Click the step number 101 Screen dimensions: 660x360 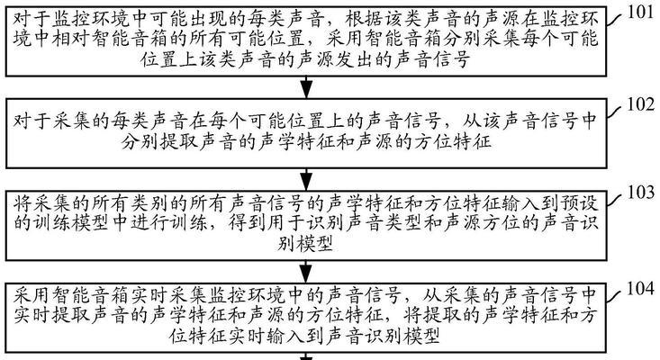pyautogui.click(x=640, y=13)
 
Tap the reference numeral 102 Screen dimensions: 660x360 pyautogui.click(x=640, y=104)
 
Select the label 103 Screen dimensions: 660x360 pyautogui.click(x=640, y=193)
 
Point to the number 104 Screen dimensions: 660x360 pyautogui.click(x=640, y=289)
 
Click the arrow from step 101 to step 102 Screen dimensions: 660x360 pyautogui.click(x=306, y=87)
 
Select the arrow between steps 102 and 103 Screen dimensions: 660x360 pyautogui.click(x=306, y=180)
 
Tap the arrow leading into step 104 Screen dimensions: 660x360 pyautogui.click(x=306, y=272)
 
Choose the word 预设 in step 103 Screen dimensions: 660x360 pyautogui.click(x=580, y=203)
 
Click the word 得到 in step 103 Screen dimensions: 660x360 pyautogui.click(x=247, y=223)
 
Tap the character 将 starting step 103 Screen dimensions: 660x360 pyautogui.click(x=22, y=203)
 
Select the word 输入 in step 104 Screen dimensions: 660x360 pyautogui.click(x=286, y=336)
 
